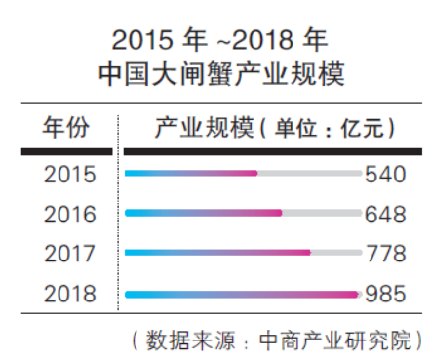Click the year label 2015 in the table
click(70, 176)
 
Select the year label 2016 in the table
click(70, 215)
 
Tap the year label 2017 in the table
click(70, 254)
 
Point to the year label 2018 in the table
click(70, 294)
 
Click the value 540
click(384, 176)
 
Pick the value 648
click(384, 215)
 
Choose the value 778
click(384, 254)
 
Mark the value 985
click(384, 294)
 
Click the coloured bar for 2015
click(191, 174)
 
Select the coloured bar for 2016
click(203, 213)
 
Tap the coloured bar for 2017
click(217, 252)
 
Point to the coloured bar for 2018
click(242, 292)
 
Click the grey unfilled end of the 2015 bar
click(309, 174)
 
